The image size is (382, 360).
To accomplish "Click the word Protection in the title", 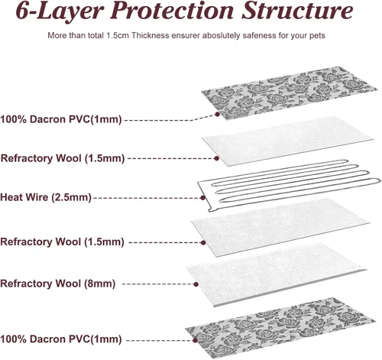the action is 172,11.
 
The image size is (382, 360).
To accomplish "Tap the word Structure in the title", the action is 297,11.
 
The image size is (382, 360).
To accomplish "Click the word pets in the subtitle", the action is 317,35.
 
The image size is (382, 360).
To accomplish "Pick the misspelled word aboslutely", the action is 221,35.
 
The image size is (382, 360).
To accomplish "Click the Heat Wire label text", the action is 24,197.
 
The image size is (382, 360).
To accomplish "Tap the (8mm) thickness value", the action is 100,284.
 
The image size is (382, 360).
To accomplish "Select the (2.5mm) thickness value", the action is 72,197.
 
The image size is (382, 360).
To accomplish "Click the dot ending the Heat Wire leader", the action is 202,197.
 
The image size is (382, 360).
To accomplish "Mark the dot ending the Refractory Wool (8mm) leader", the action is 196,284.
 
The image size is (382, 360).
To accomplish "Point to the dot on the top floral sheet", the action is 217,114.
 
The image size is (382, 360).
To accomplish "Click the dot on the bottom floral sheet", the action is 196,340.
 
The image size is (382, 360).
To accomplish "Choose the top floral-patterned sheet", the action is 285,93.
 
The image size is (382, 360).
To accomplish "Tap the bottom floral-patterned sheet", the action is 280,329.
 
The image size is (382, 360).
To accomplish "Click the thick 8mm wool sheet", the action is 277,275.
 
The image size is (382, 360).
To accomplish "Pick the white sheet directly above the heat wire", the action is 288,141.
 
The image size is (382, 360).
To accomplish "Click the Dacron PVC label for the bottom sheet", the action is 61,339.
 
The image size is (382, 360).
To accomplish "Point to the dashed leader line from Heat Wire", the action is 147,198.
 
